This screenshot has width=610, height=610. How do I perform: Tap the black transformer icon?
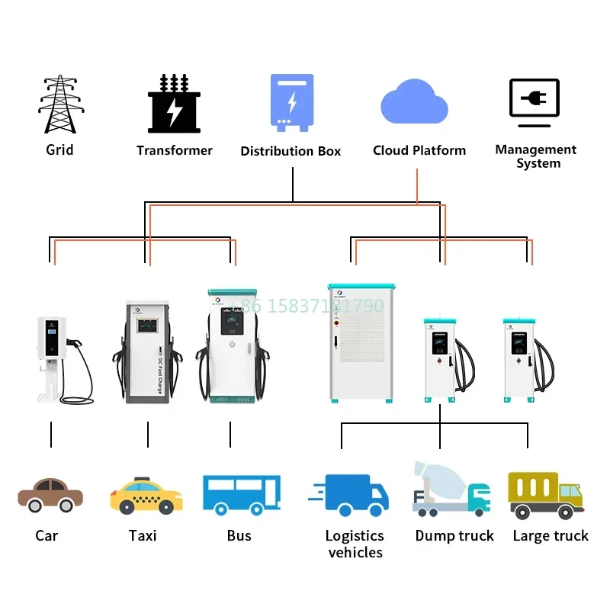174,104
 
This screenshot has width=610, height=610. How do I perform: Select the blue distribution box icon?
291,102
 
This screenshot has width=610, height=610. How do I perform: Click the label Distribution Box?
291,151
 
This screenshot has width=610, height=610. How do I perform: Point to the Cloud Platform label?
419,150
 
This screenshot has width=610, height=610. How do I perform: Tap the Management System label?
536,156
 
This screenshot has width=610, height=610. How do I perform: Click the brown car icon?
50,495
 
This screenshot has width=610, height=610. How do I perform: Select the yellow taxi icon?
146,495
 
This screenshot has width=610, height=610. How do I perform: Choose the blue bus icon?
241,494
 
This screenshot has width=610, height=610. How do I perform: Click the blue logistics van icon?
350,496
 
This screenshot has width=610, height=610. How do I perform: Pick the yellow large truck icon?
544,495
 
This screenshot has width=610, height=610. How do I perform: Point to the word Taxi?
143,536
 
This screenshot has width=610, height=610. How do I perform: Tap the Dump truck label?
454,536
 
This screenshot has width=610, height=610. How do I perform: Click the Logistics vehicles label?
355,544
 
